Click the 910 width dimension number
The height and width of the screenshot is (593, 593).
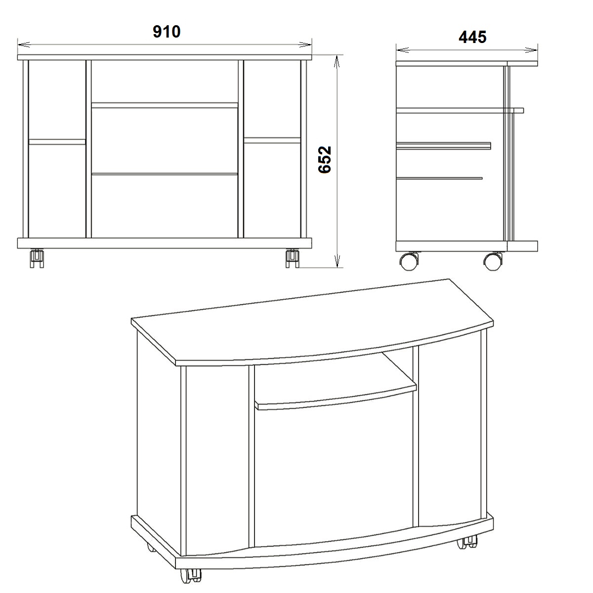pyautogui.click(x=167, y=32)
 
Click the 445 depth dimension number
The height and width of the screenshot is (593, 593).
pyautogui.click(x=472, y=37)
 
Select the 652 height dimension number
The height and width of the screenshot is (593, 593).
pyautogui.click(x=325, y=160)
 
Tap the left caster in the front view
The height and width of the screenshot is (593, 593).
pyautogui.click(x=37, y=258)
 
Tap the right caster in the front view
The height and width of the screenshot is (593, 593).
pyautogui.click(x=292, y=258)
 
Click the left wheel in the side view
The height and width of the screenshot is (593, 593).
pyautogui.click(x=409, y=261)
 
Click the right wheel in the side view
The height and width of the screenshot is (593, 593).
pyautogui.click(x=493, y=261)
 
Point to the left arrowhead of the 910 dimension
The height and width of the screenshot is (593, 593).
pyautogui.click(x=24, y=44)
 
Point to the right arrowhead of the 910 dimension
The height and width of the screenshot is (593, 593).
pyautogui.click(x=305, y=44)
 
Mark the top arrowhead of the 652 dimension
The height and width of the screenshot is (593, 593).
pyautogui.click(x=337, y=62)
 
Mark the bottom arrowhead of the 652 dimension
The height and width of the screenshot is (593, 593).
pyautogui.click(x=337, y=261)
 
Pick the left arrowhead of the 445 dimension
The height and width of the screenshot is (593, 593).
pyautogui.click(x=403, y=50)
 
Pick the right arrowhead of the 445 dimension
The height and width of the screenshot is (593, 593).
pyautogui.click(x=531, y=50)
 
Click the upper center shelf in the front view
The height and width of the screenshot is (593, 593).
pyautogui.click(x=165, y=105)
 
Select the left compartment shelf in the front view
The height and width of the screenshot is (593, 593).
pyautogui.click(x=57, y=142)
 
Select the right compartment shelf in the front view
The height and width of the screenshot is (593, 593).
pyautogui.click(x=272, y=140)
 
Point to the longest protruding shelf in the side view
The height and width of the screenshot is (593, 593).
pyautogui.click(x=460, y=111)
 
